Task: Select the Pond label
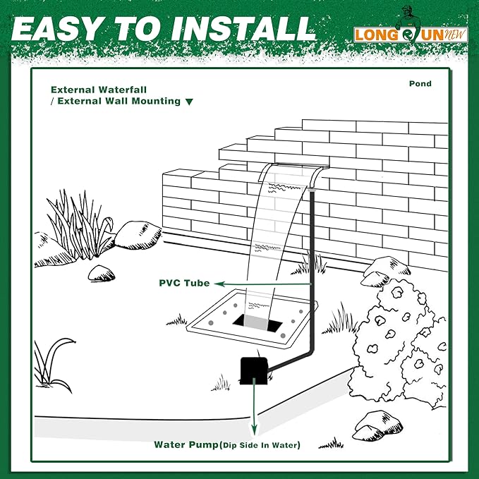(420, 84)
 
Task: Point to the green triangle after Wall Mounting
(189, 102)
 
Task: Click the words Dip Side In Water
(260, 445)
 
